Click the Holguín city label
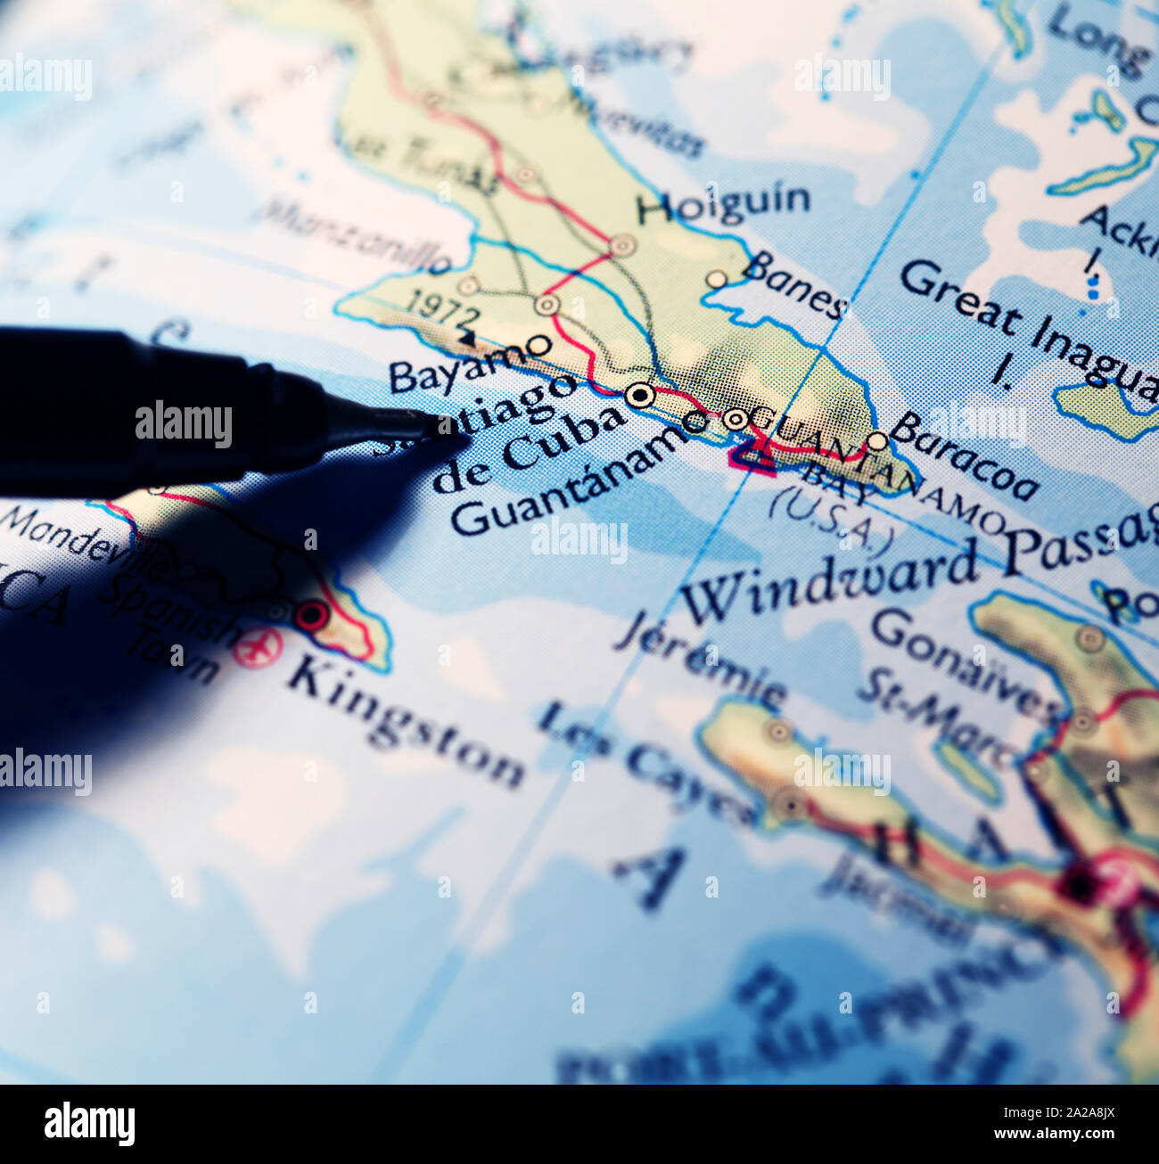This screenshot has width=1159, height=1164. tap(723, 204)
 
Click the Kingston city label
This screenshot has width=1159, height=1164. tap(407, 721)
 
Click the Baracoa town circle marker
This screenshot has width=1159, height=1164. tap(878, 441)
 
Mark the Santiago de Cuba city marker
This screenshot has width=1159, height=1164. tap(640, 395)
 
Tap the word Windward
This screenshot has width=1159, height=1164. tap(829, 580)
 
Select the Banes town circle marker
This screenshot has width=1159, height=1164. tap(717, 279)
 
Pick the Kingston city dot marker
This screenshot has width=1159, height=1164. tap(311, 615)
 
